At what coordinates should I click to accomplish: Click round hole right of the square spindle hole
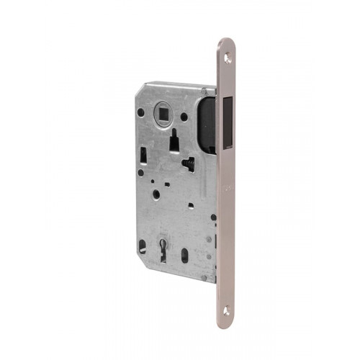pyautogui.click(x=185, y=117)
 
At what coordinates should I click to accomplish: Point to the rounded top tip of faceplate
pyautogui.click(x=227, y=41)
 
